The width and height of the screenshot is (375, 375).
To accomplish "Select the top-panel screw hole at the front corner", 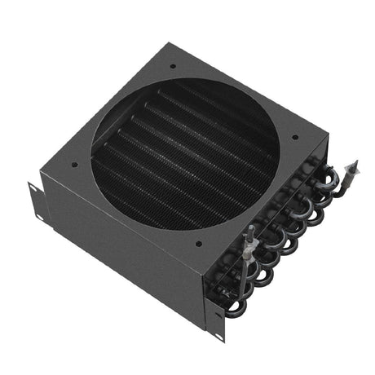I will (x=198, y=242).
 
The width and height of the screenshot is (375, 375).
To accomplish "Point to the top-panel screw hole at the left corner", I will (x=75, y=164).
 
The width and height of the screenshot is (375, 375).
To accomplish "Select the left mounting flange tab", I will (x=34, y=201).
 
